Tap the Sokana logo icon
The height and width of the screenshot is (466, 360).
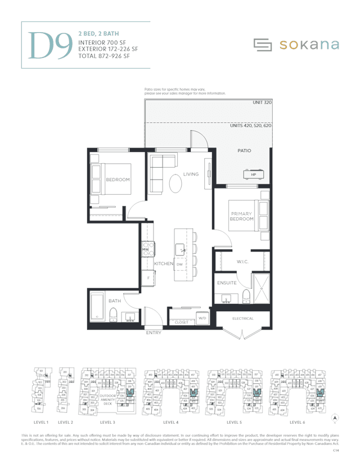coord(262,44)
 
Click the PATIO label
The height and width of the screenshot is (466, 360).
coord(244,151)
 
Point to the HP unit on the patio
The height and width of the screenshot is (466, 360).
coord(254,174)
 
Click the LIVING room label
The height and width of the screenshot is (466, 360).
coord(191,174)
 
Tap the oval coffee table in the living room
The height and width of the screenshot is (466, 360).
coord(176,183)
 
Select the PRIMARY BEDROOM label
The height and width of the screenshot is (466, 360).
coord(241,216)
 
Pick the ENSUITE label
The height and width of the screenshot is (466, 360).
coord(227,283)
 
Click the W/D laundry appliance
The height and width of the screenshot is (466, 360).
coord(202,318)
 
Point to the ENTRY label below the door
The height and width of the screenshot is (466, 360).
coord(154,333)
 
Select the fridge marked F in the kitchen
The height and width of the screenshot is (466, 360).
coord(147,278)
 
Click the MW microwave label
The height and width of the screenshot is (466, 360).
coord(145,249)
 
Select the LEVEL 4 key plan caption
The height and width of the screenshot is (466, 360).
coord(171,422)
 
